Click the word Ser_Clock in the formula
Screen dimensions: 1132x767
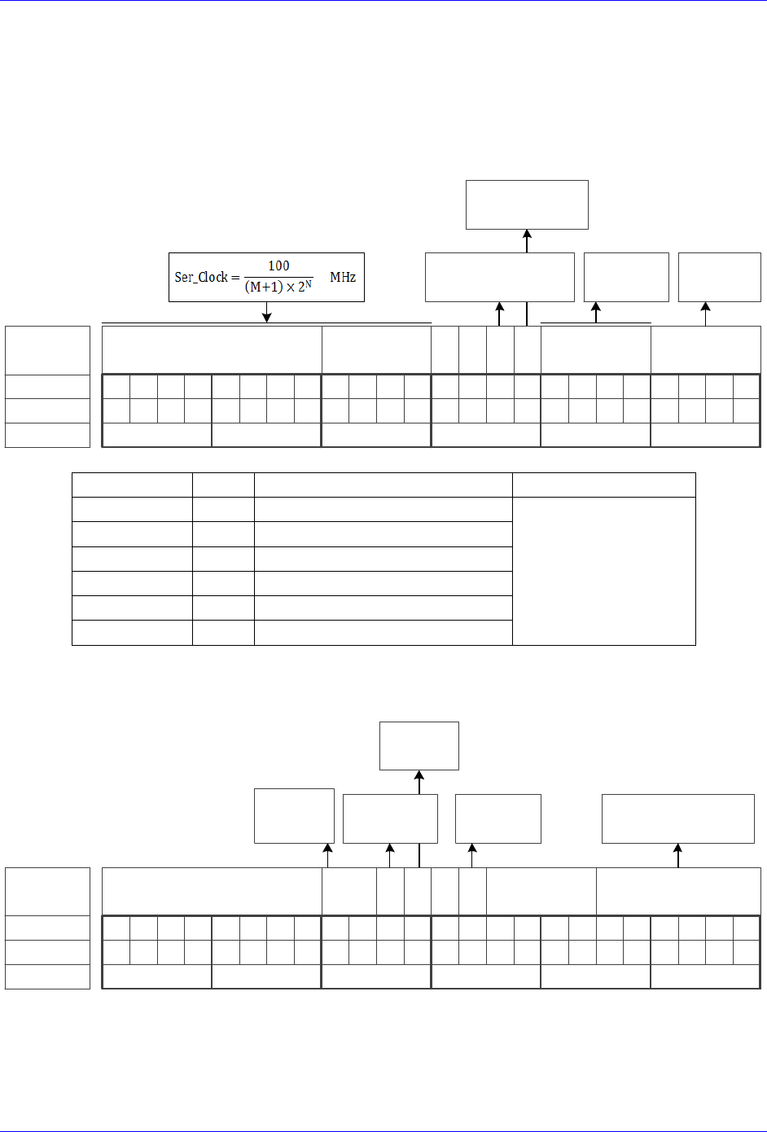click(201, 277)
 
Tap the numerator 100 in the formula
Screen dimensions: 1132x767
click(278, 265)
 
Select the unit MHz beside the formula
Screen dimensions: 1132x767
click(342, 277)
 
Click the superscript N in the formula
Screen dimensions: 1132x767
click(309, 283)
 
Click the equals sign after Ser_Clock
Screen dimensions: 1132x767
click(235, 278)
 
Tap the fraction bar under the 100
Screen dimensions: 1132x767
click(278, 277)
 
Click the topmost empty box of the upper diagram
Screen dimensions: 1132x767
click(527, 204)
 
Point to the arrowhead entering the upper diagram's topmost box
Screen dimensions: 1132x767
click(527, 235)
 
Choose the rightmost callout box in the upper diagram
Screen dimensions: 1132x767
click(720, 277)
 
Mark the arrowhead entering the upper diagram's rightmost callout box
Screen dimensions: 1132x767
click(706, 307)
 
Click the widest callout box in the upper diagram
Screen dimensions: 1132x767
click(499, 277)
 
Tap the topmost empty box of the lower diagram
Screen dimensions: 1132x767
click(419, 745)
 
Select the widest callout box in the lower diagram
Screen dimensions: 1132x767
click(678, 818)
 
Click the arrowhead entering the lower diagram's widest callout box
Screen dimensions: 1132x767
click(678, 849)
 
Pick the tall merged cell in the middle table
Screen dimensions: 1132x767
click(604, 571)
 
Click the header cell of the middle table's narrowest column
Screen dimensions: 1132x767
click(223, 485)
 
